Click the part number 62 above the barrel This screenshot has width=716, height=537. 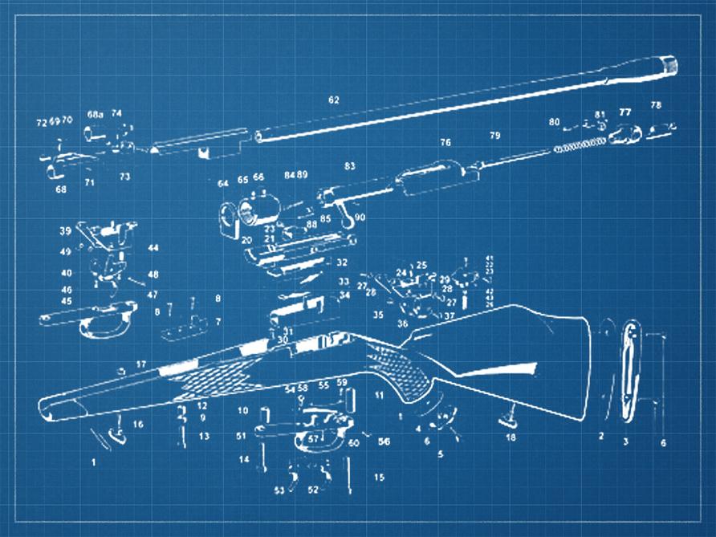tap(333, 100)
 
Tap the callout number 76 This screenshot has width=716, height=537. tap(445, 142)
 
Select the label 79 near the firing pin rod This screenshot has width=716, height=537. tap(494, 135)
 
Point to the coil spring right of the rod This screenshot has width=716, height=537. tap(579, 144)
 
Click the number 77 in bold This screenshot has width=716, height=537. tap(624, 112)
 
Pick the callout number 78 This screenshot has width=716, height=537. tap(656, 105)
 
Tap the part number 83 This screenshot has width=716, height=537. tap(349, 165)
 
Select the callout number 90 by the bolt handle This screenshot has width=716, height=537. tap(360, 217)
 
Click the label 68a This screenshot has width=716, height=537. tap(95, 114)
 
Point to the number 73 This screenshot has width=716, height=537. tap(124, 176)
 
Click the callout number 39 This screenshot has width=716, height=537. tap(65, 230)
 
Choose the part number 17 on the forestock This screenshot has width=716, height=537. tap(141, 364)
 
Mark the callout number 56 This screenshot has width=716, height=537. tap(384, 441)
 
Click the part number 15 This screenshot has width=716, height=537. tap(379, 478)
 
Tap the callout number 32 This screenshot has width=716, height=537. tap(342, 262)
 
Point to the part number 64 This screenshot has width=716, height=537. tap(223, 184)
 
